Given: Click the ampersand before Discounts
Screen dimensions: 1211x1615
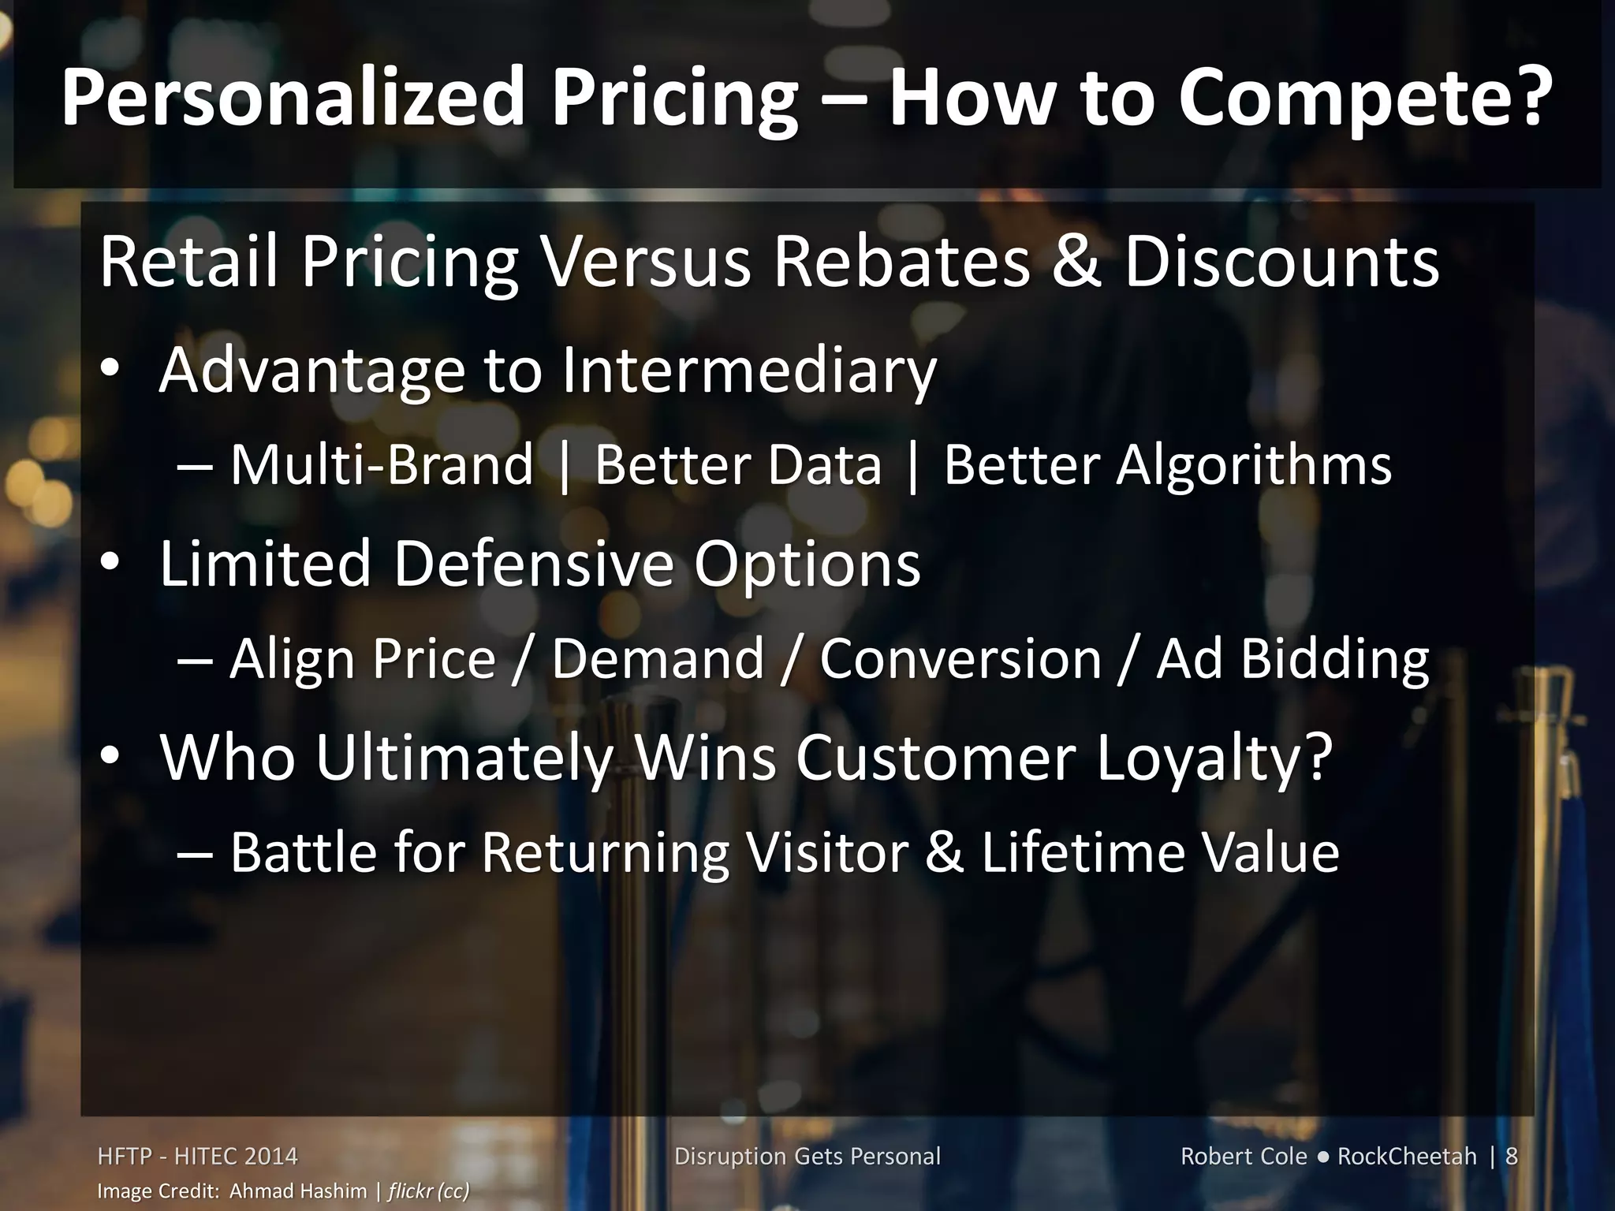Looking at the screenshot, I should click(1076, 261).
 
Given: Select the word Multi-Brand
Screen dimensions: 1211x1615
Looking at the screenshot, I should click(382, 464).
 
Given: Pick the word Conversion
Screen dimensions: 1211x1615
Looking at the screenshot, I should click(960, 659).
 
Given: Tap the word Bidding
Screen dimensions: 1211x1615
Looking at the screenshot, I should click(1334, 659).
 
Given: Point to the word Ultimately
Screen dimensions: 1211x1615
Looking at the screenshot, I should click(464, 757).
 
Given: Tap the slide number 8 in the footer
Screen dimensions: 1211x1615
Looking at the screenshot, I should click(1511, 1157).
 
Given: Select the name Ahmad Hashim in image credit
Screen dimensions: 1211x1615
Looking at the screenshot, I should click(298, 1191).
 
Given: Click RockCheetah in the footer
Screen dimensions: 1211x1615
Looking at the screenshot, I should click(1407, 1157).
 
